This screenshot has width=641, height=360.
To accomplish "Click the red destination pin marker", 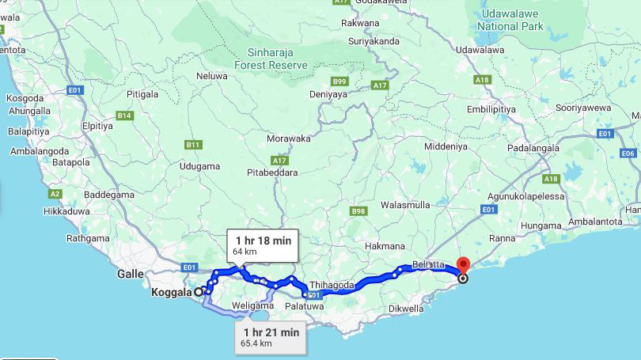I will pos(463,267).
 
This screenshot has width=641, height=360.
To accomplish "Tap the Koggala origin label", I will pos(171,292).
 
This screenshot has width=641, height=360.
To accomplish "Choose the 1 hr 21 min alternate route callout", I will pos(271,337).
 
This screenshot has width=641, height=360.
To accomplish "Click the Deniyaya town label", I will pos(328,94).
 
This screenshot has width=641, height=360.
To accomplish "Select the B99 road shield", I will pos(339,81).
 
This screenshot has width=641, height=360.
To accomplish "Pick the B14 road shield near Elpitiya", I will pos(124,116).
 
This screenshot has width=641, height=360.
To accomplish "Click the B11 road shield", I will pos(193,145).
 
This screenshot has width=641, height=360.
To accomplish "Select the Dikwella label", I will pos(407,309).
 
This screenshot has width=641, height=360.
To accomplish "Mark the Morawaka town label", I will pos(289,138).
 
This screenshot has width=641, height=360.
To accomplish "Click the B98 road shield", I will pos(358,211).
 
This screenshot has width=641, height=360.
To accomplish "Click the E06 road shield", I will pos(628,153).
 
